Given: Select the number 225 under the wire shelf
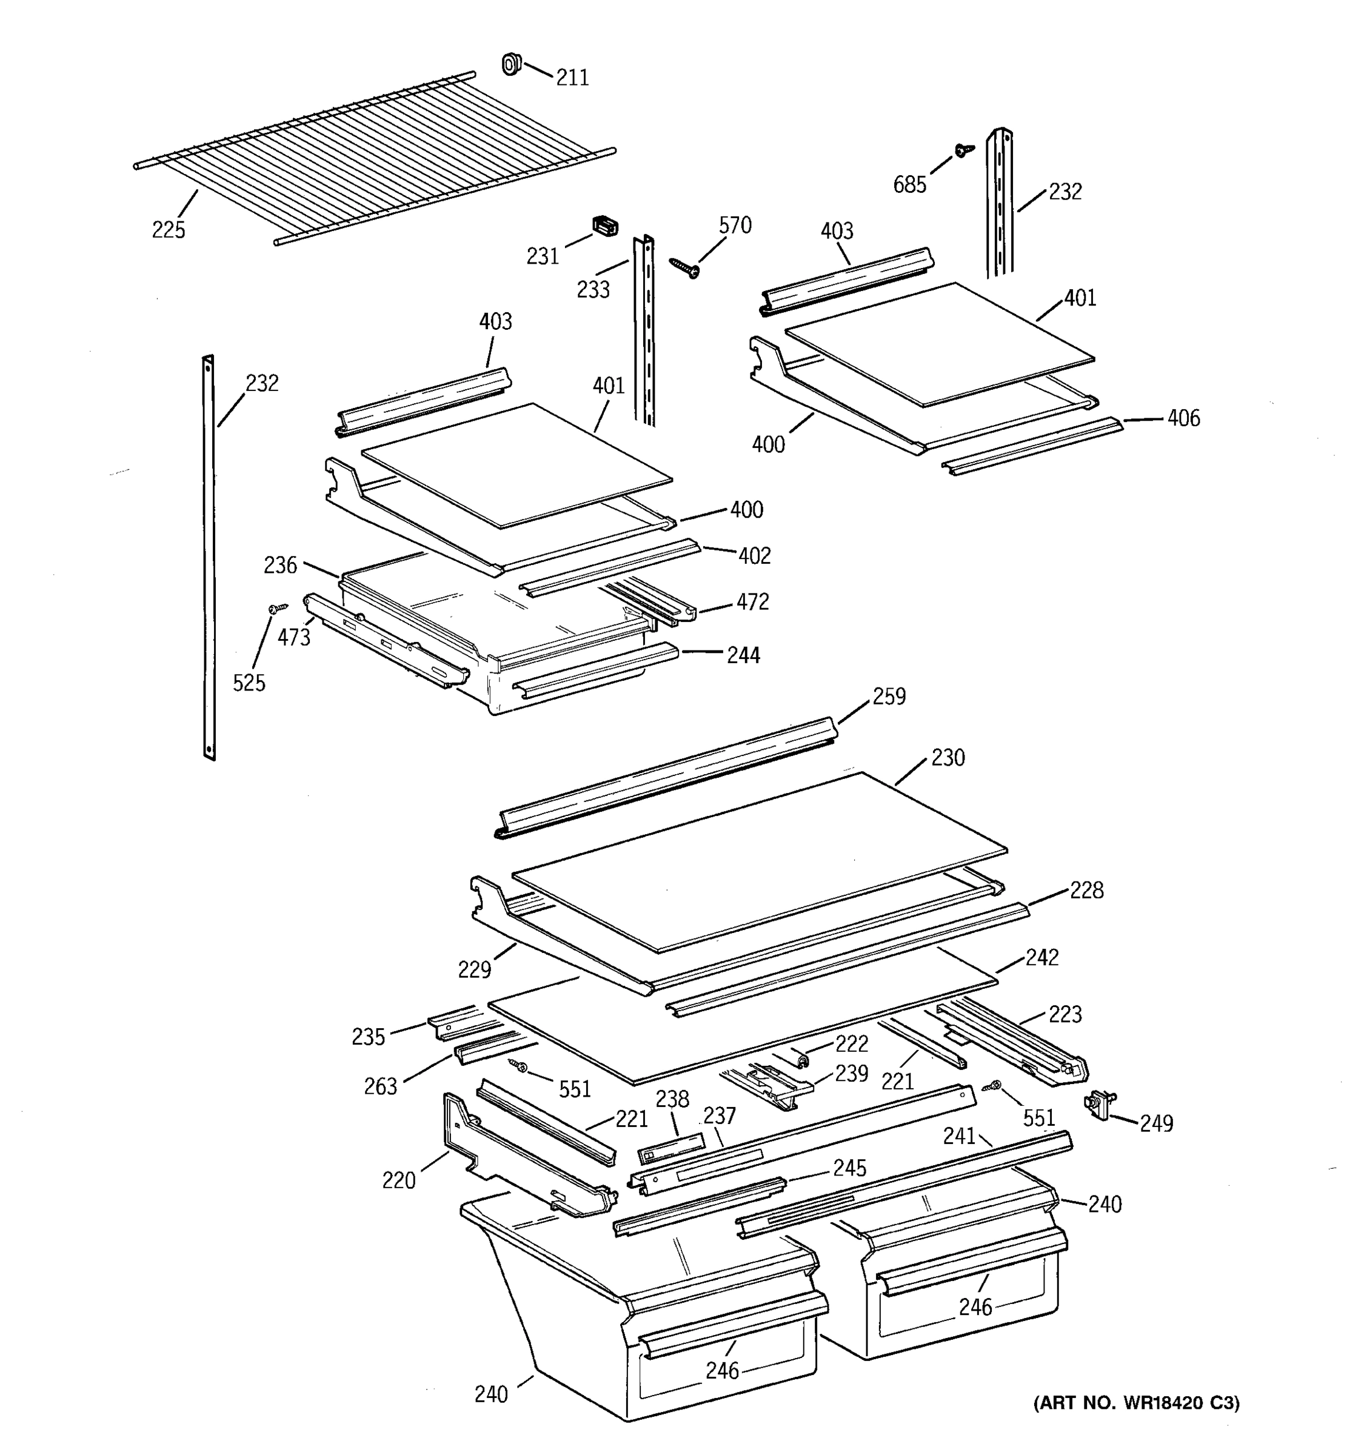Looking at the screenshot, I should click(x=169, y=230).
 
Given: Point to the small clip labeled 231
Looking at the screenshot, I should click(x=604, y=226).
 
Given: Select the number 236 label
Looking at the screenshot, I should click(x=280, y=565).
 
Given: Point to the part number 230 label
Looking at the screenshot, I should click(x=948, y=757).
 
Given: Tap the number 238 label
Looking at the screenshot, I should click(x=672, y=1099).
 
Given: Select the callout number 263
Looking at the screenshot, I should click(x=381, y=1086).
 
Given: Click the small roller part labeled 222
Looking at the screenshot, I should click(x=801, y=1059).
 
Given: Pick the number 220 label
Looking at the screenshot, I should click(x=398, y=1180).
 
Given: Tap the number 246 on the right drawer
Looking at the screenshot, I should click(x=975, y=1307).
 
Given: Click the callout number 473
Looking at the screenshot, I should click(x=293, y=638).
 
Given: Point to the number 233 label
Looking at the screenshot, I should click(x=593, y=290).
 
